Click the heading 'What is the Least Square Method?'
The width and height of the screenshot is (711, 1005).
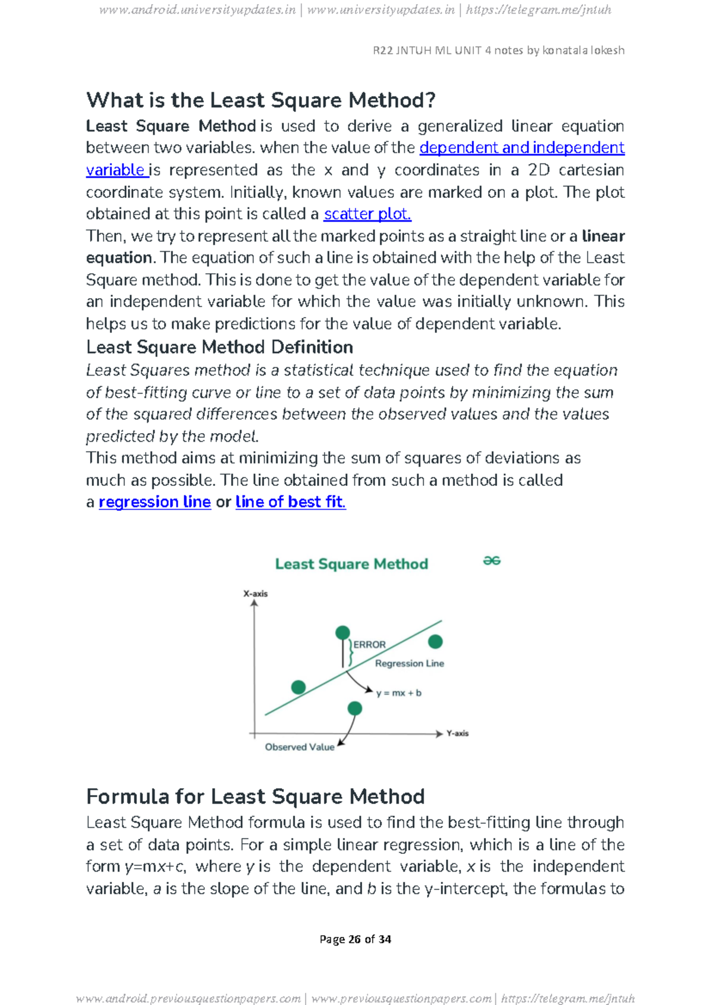[x=261, y=100]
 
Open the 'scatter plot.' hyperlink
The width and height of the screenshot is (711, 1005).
[x=367, y=214]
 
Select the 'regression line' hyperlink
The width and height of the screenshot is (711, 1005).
[x=155, y=502]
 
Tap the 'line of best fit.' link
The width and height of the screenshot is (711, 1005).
[x=290, y=502]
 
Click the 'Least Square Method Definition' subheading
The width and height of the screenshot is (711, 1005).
[x=219, y=347]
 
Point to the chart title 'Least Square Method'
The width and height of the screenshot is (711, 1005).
[x=351, y=564]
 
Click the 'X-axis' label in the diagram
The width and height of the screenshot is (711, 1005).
[x=255, y=594]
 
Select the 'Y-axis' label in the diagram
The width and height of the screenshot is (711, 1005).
[x=457, y=734]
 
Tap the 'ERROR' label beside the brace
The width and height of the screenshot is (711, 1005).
[x=370, y=645]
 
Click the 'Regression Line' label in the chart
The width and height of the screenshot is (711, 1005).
[x=409, y=664]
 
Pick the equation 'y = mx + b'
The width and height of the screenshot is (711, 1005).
[x=399, y=693]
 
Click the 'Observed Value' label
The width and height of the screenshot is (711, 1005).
[x=299, y=747]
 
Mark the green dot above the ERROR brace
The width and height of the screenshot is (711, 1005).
[x=342, y=633]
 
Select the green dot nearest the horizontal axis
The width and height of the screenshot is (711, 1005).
[x=355, y=708]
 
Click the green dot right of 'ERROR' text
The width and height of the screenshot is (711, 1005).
[x=435, y=642]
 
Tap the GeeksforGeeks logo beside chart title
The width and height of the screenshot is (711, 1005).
[x=492, y=561]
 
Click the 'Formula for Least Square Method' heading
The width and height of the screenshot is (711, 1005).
[x=255, y=796]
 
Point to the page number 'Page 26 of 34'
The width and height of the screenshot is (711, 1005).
[x=355, y=939]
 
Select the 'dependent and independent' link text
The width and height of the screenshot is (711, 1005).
[x=521, y=148]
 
